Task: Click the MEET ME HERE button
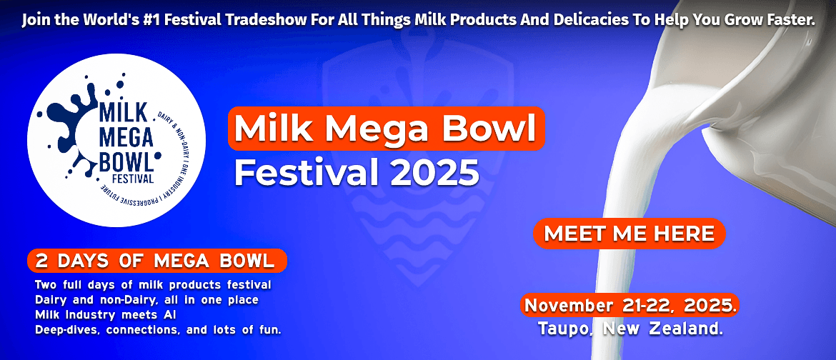pyautogui.click(x=629, y=234)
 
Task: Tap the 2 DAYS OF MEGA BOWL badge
pyautogui.click(x=156, y=261)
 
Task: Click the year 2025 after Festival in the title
pyautogui.click(x=434, y=172)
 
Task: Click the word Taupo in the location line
pyautogui.click(x=567, y=329)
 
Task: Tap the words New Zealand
pyautogui.click(x=662, y=329)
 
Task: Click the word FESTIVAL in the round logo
pyautogui.click(x=133, y=178)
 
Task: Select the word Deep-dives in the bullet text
pyautogui.click(x=69, y=330)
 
